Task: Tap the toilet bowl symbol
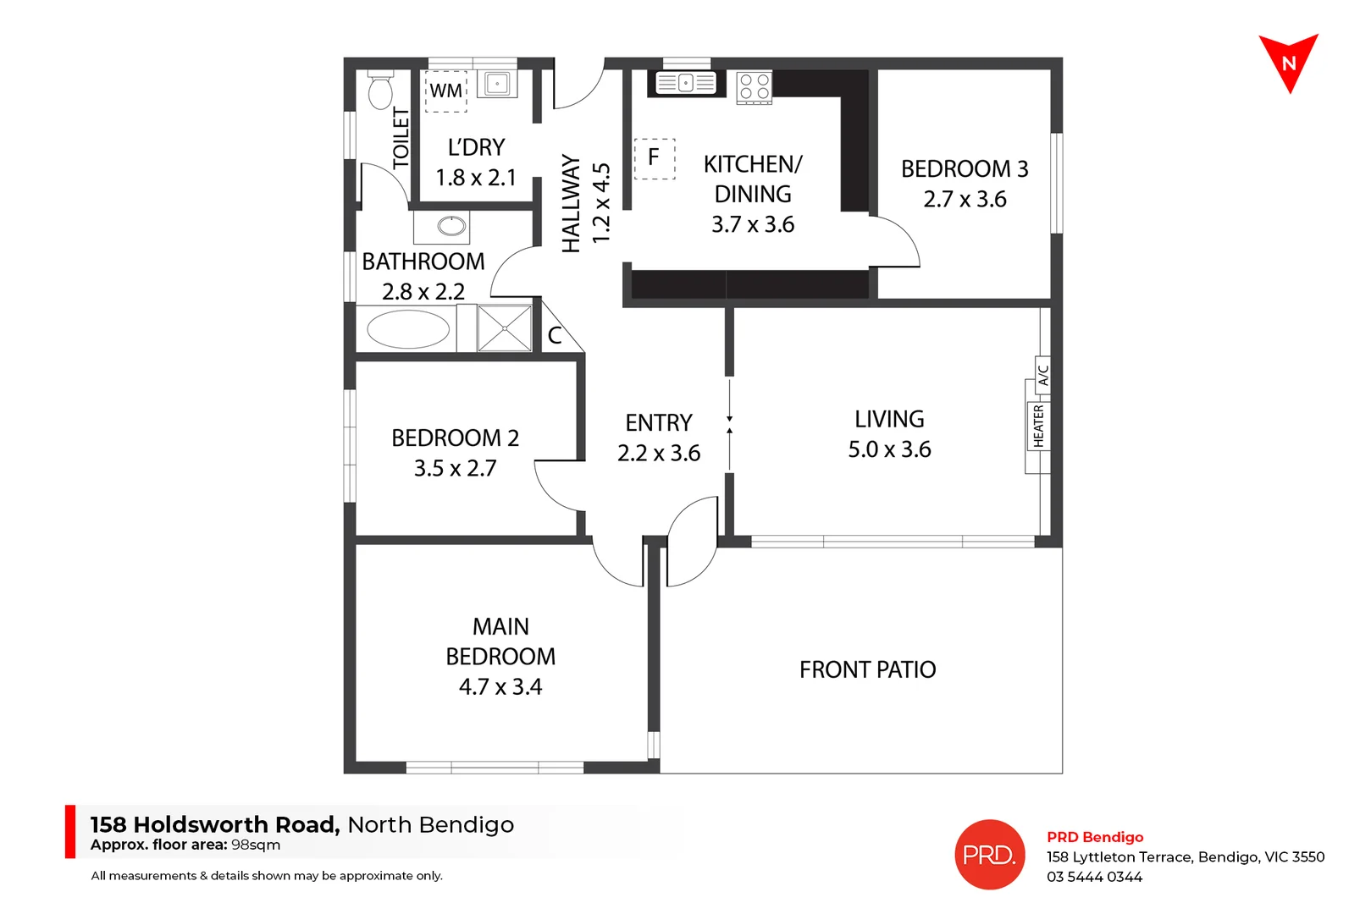point(381,91)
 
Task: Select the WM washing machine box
point(445,91)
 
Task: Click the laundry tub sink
point(497,84)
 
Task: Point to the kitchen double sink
point(686,83)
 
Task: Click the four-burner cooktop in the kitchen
point(754,87)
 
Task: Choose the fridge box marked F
point(654,158)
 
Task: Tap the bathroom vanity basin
point(451,226)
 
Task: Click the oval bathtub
point(408,329)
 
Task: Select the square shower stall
point(504,328)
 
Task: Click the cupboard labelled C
point(556,335)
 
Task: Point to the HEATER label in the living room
point(1038,426)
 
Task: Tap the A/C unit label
point(1043,373)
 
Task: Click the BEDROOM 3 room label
point(964,169)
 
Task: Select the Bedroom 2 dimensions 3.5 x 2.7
point(455,468)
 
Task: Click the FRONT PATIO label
point(867,670)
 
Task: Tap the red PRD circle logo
point(989,855)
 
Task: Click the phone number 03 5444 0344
point(1094,877)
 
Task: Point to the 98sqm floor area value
point(256,845)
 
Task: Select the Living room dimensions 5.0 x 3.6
point(889,449)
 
